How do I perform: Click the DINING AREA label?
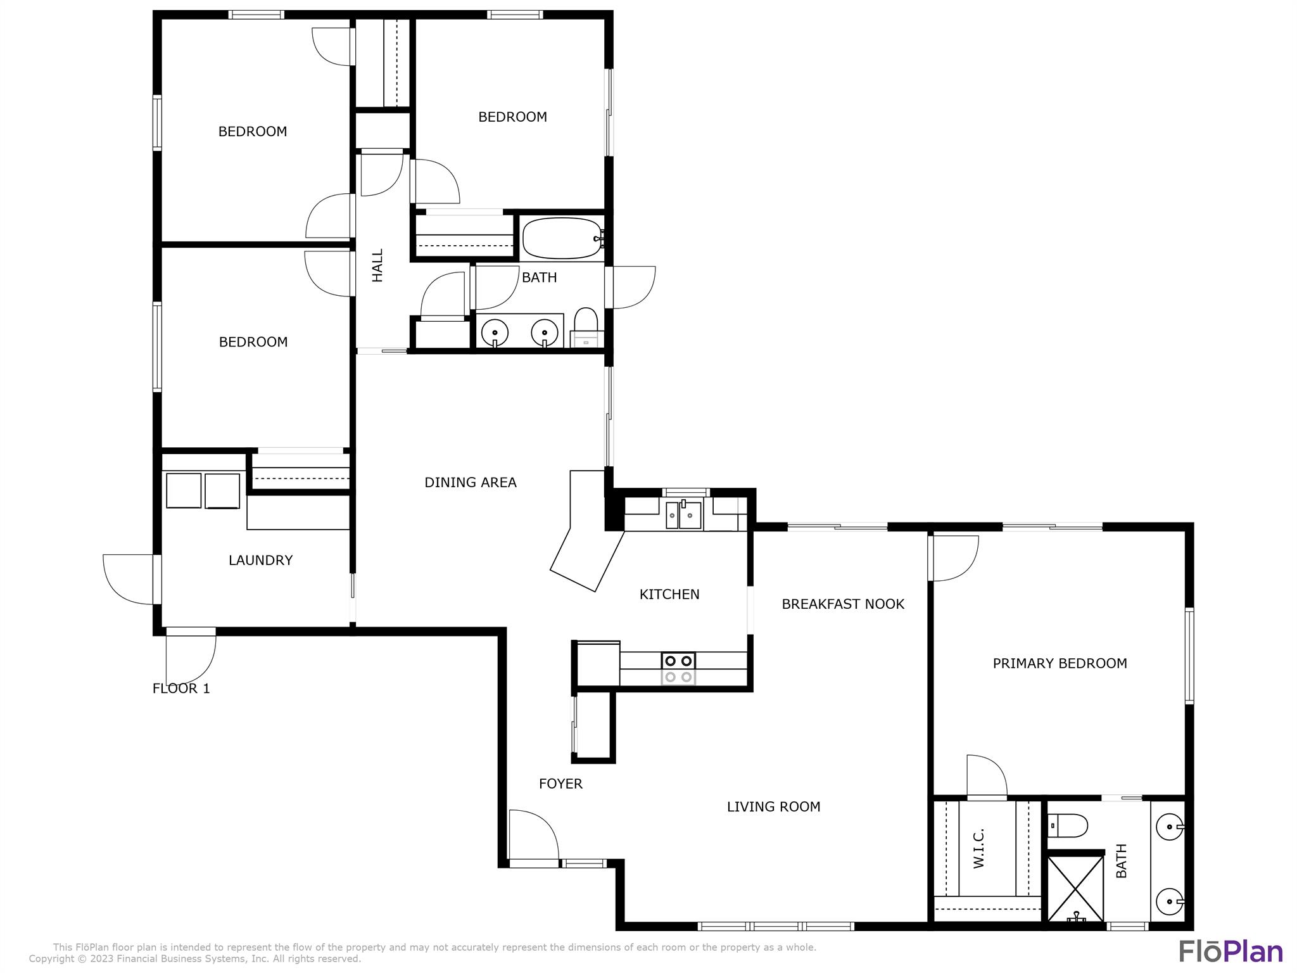click(x=470, y=483)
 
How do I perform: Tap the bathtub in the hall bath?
click(x=562, y=238)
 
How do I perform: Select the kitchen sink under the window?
click(x=683, y=515)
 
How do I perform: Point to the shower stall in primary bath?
click(x=1076, y=888)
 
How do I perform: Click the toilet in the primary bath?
click(x=1068, y=825)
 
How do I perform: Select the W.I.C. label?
click(x=978, y=848)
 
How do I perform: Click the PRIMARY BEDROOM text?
click(x=1060, y=663)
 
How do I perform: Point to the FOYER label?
click(x=560, y=784)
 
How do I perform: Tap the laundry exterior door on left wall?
click(x=129, y=579)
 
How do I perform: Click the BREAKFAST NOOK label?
click(x=843, y=604)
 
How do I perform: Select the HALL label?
click(x=377, y=265)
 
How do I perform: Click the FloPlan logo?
click(x=1231, y=951)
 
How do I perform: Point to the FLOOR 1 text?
click(x=181, y=689)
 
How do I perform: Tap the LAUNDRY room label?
click(x=260, y=560)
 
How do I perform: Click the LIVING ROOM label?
click(x=773, y=806)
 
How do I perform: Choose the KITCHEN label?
click(x=669, y=594)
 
